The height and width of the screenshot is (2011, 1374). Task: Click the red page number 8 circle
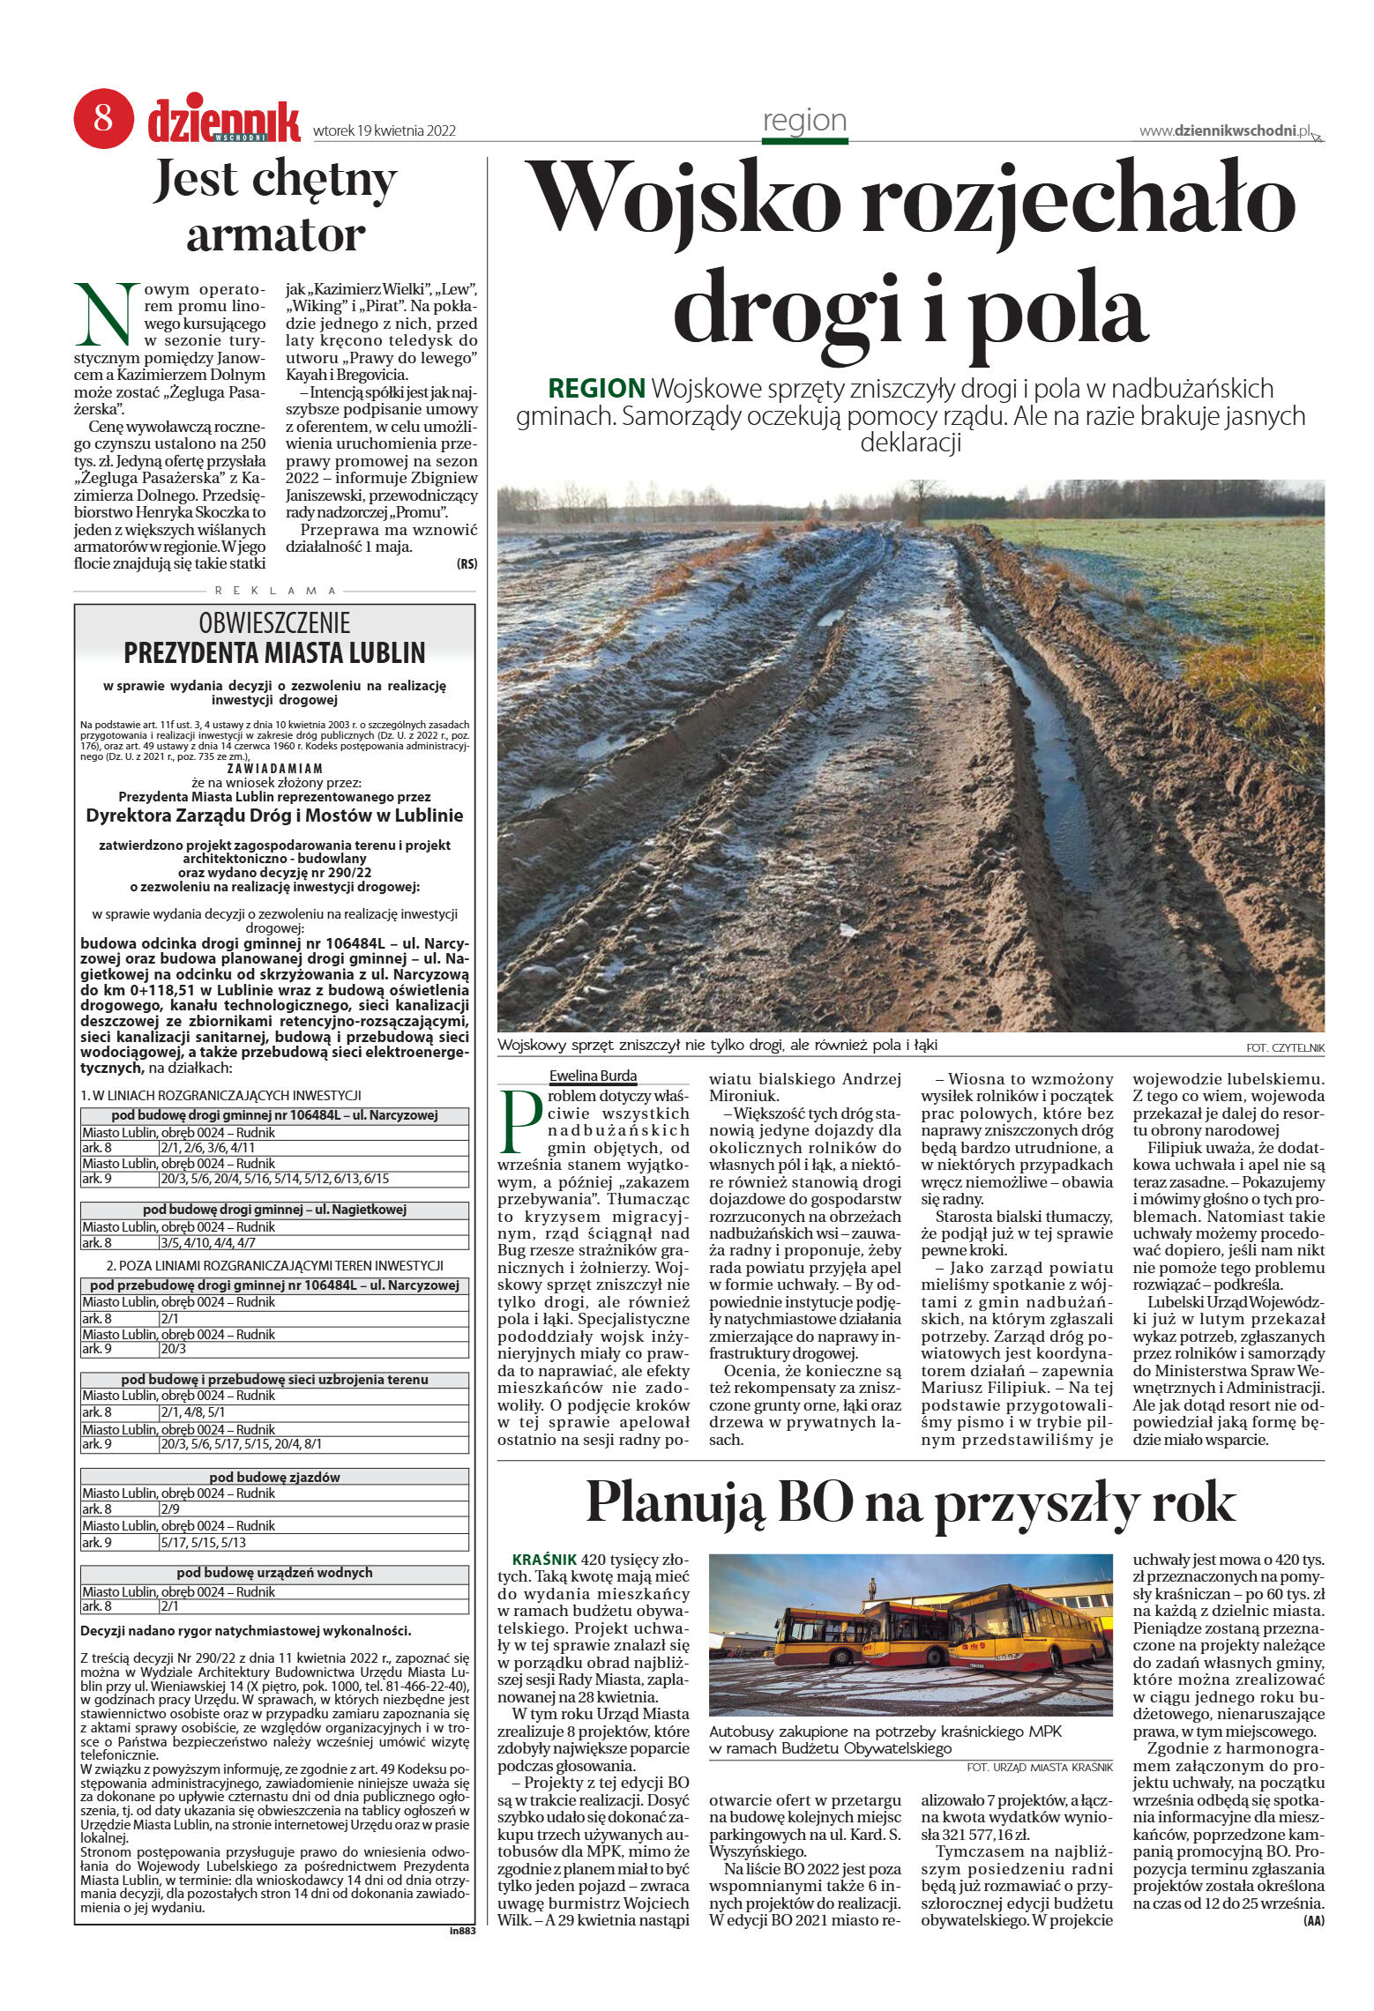point(103,117)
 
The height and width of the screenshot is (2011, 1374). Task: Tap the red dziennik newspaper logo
point(224,122)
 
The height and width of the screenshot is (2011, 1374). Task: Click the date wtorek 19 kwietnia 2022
point(385,131)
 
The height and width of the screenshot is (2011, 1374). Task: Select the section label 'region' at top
point(804,121)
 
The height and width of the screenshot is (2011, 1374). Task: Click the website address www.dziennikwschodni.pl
point(1225,131)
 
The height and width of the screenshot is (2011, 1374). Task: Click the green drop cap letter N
point(107,315)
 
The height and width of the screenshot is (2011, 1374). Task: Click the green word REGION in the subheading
point(596,389)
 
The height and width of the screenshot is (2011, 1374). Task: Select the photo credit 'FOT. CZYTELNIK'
point(1285,1048)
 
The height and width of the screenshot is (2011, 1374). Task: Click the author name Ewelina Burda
point(593,1076)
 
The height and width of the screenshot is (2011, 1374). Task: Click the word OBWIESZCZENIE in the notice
point(274,623)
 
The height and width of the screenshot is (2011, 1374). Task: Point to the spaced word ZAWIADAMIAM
point(274,768)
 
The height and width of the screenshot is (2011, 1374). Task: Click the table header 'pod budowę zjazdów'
point(274,1477)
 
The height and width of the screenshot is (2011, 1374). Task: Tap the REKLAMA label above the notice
point(275,591)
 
